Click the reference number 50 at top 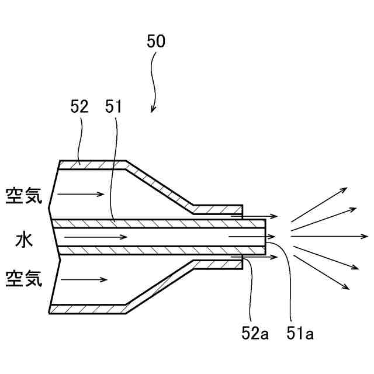click(x=156, y=41)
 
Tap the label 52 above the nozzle click(x=79, y=107)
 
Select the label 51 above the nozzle click(x=113, y=107)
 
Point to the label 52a click(x=255, y=334)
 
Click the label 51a click(x=301, y=334)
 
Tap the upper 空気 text click(x=24, y=195)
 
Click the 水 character click(x=24, y=238)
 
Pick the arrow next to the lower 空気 click(x=84, y=280)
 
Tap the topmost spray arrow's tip click(x=348, y=188)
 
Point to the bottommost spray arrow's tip click(x=349, y=289)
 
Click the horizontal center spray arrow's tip click(x=368, y=237)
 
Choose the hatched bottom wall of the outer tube click(x=88, y=309)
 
